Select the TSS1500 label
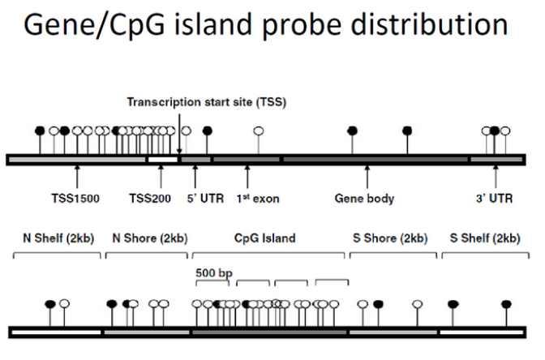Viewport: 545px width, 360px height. click(x=75, y=198)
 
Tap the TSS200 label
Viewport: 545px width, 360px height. click(x=151, y=198)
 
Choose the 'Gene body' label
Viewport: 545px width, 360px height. click(x=365, y=198)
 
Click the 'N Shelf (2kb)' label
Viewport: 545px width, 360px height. click(x=54, y=238)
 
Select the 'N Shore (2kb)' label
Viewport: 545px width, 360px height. click(x=147, y=238)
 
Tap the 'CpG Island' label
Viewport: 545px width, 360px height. click(x=264, y=238)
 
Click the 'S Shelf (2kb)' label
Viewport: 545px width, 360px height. click(x=484, y=238)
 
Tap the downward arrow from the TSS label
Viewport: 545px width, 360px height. click(x=179, y=130)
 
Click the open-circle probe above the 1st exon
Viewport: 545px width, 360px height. click(x=258, y=131)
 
